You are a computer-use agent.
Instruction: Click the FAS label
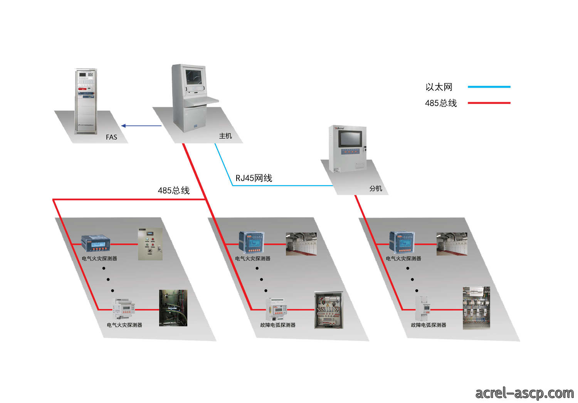(x=111, y=137)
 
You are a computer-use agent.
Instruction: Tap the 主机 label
(x=225, y=136)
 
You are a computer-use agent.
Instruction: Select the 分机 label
(x=375, y=189)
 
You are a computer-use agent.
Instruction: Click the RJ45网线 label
(x=254, y=178)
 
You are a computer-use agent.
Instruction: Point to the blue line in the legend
(x=489, y=87)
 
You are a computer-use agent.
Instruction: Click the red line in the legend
(x=489, y=103)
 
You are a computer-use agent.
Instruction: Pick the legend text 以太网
(x=439, y=87)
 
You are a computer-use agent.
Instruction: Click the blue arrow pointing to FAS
(x=141, y=126)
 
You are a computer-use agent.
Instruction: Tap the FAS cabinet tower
(x=86, y=101)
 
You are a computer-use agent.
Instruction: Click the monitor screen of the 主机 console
(x=194, y=77)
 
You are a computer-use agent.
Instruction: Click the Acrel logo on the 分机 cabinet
(x=339, y=128)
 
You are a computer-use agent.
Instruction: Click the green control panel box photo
(x=150, y=244)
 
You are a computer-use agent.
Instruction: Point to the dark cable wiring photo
(x=173, y=308)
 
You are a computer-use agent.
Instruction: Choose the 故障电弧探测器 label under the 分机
(x=428, y=325)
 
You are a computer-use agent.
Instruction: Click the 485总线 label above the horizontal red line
(x=174, y=191)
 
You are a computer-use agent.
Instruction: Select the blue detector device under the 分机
(x=402, y=243)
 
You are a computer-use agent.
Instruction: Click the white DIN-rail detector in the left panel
(x=123, y=309)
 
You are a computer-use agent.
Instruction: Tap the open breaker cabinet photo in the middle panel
(x=329, y=310)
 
